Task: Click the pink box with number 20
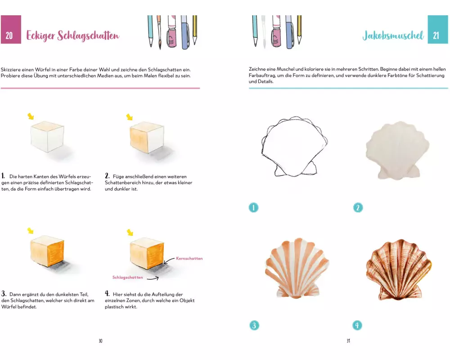(x=11, y=30)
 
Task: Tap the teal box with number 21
(x=438, y=30)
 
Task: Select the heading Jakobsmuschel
(x=393, y=36)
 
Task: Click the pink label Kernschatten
(x=189, y=258)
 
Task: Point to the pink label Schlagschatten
(x=128, y=277)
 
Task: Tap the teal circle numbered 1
(x=253, y=207)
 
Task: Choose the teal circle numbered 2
(x=358, y=207)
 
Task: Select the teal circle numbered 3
(x=254, y=325)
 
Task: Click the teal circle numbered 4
(x=357, y=325)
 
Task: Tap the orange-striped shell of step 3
(x=297, y=268)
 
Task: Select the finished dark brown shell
(x=399, y=270)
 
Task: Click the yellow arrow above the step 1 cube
(x=31, y=116)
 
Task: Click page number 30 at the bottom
(x=100, y=341)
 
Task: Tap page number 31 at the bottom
(x=348, y=341)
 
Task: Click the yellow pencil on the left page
(x=194, y=30)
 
